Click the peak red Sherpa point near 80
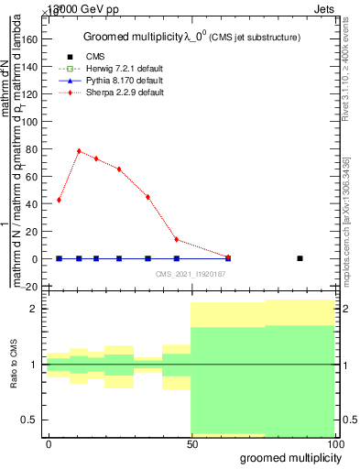click(x=79, y=151)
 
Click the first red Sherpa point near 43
click(x=60, y=200)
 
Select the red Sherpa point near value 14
click(x=177, y=240)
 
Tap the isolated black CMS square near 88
click(x=300, y=258)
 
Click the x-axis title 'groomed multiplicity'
click(x=287, y=457)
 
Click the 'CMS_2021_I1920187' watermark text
click(x=191, y=274)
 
